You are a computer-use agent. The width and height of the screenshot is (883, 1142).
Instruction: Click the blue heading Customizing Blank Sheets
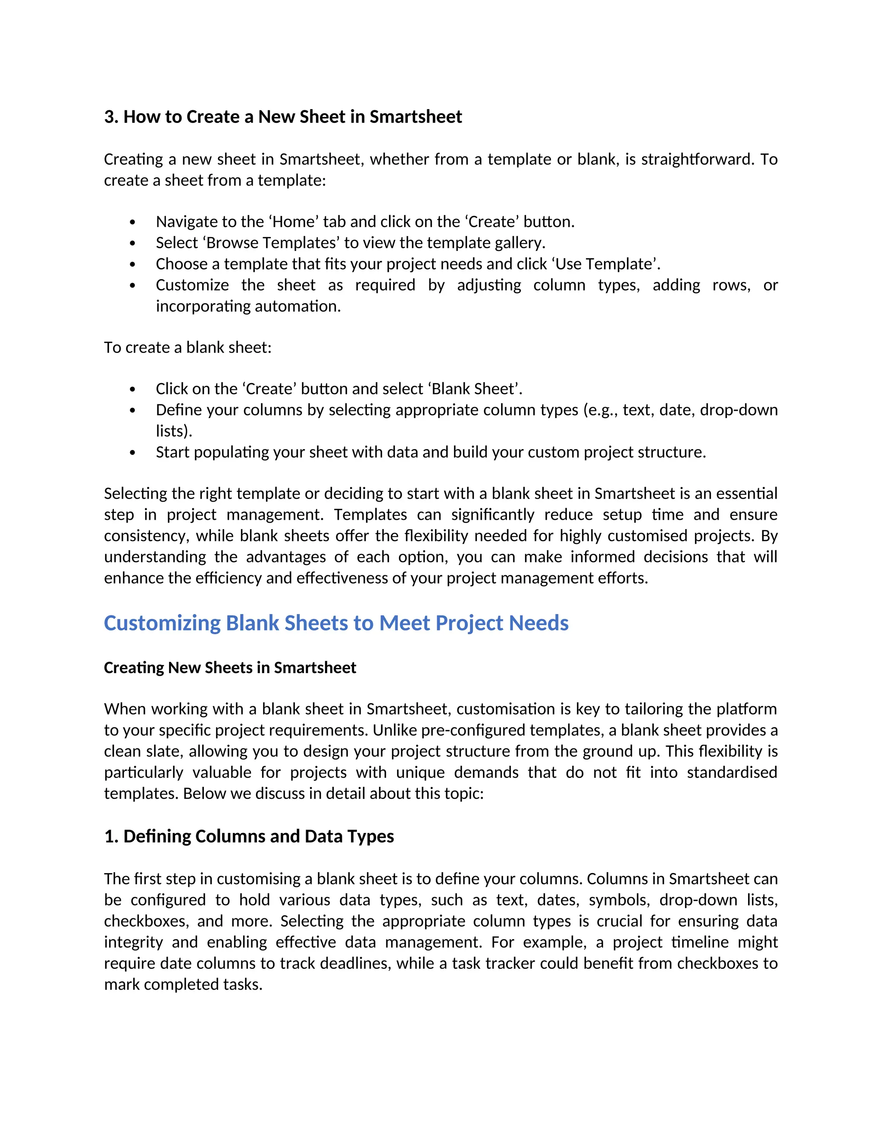336,623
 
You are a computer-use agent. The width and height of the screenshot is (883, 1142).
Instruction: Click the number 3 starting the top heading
109,117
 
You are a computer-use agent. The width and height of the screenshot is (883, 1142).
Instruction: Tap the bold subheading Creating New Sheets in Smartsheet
230,668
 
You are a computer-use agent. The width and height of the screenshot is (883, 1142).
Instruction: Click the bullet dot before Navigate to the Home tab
132,222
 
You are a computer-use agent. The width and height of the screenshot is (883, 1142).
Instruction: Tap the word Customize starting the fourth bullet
192,285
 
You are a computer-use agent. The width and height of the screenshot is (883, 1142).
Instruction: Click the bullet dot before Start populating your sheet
132,452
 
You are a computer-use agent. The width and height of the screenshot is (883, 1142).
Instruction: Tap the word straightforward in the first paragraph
698,159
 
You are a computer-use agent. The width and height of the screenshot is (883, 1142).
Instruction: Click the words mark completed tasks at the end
183,985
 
